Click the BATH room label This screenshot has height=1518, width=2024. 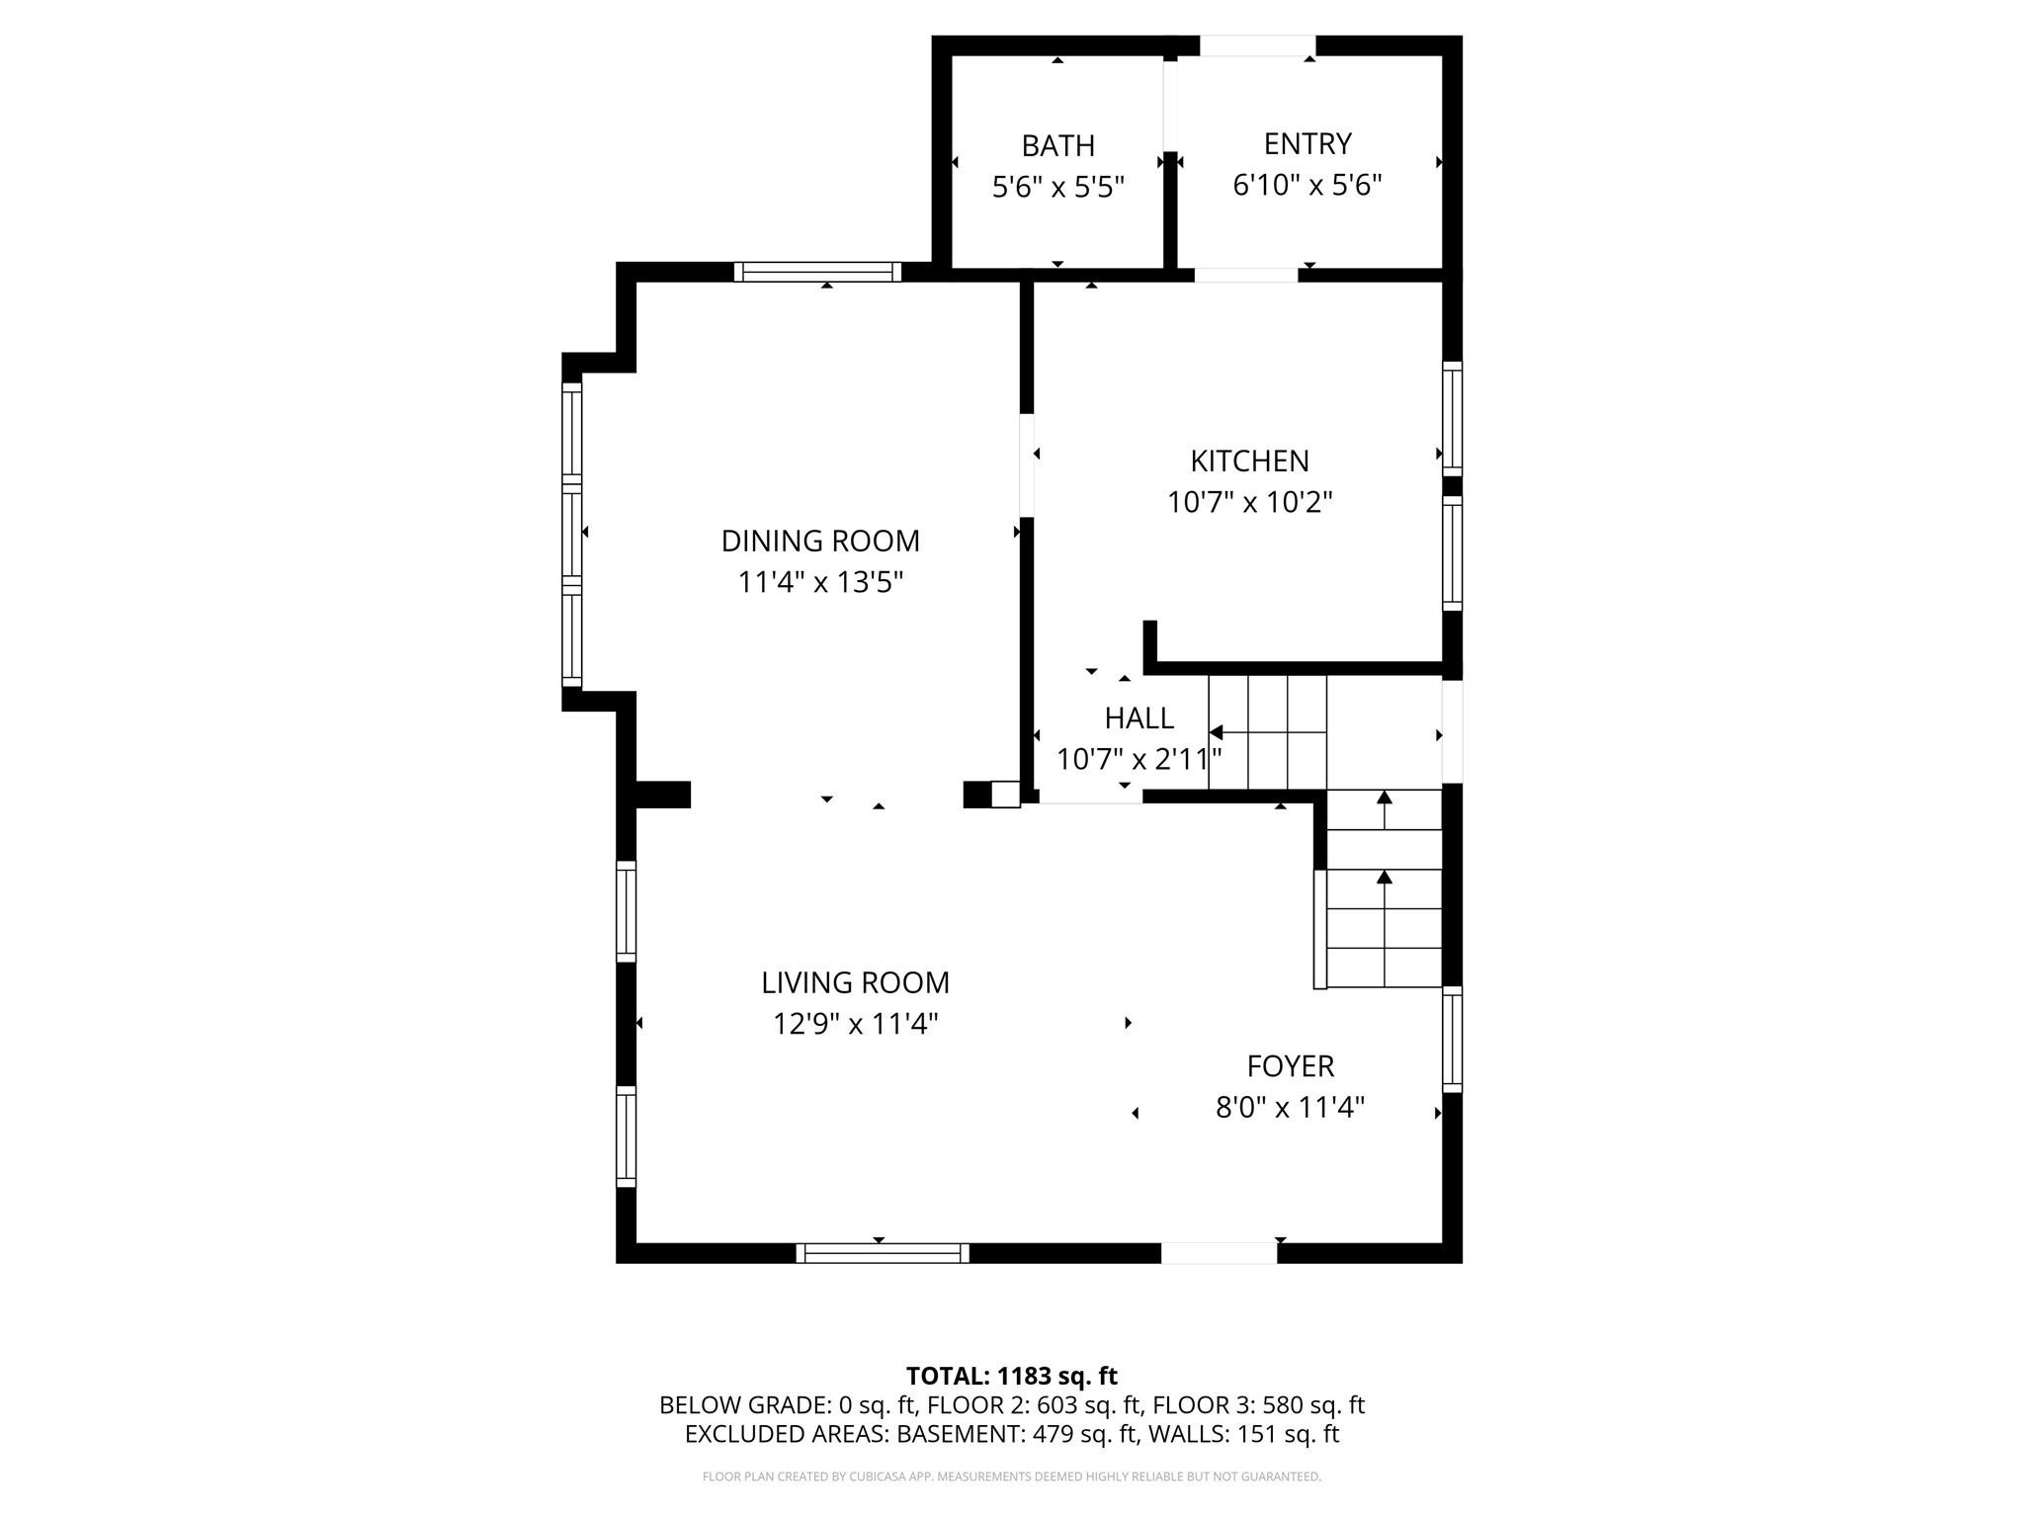click(1057, 146)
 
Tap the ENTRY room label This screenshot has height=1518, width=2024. click(1307, 144)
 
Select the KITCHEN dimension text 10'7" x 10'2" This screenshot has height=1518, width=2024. click(1249, 503)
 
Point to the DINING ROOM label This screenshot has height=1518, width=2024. click(820, 542)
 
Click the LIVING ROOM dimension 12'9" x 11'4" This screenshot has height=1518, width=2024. click(855, 1024)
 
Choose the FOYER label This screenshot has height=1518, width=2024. click(1290, 1066)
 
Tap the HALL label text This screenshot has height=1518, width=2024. click(1138, 718)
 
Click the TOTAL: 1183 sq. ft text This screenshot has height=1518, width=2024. click(1011, 1376)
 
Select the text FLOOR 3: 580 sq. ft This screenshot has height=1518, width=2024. click(1258, 1405)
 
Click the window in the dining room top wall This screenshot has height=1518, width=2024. click(817, 272)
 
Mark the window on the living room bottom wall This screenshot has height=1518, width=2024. click(883, 1253)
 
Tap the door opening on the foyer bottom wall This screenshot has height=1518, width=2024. click(1219, 1253)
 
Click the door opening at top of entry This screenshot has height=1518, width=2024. click(1257, 45)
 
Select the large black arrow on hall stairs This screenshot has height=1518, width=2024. click(1217, 732)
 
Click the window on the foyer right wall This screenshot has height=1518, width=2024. click(1452, 1039)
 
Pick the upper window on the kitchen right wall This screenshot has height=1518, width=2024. click(1452, 418)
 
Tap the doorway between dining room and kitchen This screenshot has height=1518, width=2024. click(1027, 464)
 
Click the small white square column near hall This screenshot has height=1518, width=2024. click(1005, 795)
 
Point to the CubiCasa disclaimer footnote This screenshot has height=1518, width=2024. click(1011, 1476)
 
